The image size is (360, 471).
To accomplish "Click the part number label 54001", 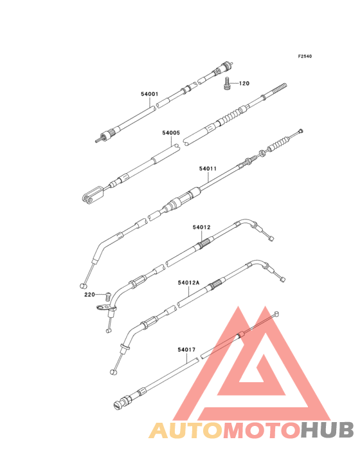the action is point(149,94).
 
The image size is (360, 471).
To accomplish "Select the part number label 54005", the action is point(171,133).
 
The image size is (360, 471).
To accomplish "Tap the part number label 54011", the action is point(208,169).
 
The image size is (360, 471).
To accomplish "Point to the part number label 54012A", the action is point(188,282).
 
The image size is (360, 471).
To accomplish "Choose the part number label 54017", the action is point(186,349).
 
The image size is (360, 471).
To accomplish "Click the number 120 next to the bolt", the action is point(244,84).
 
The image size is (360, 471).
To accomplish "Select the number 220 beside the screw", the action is point(89,295).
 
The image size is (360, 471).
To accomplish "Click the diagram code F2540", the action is point(305,56).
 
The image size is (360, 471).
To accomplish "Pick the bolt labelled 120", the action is point(228,83).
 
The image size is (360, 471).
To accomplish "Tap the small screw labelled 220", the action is point(108,297).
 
